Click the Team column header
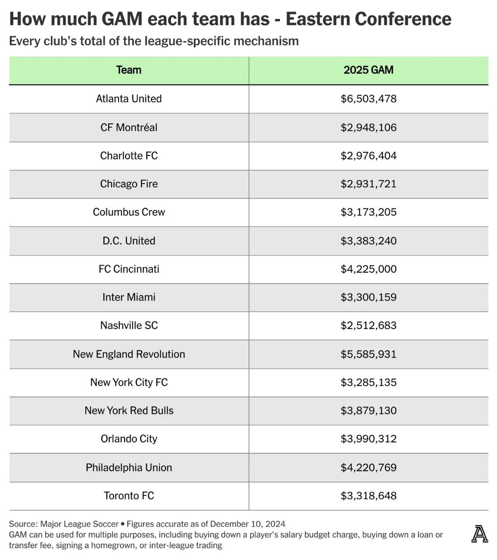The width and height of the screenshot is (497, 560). pos(129,70)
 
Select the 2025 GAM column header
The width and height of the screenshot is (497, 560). pos(368,70)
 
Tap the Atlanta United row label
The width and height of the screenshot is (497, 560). pos(129,99)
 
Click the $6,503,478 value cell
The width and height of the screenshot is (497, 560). pos(368,99)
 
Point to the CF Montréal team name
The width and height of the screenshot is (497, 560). pos(129,127)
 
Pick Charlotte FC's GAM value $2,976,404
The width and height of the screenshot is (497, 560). pos(368,156)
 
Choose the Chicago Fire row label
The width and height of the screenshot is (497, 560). pos(129,184)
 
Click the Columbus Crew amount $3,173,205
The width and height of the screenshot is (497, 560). pos(368,212)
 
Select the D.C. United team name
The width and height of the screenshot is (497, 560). pos(129,241)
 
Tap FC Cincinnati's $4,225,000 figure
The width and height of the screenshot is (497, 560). pos(368,269)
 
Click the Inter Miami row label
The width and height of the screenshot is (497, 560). pos(129,297)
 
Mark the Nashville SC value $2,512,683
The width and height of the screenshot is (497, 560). pos(368,326)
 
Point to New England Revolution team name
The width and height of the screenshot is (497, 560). pos(129,354)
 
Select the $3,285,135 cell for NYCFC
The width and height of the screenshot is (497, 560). pos(368,383)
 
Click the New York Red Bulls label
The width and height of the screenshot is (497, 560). pos(129,411)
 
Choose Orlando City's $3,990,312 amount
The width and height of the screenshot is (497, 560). pos(368,439)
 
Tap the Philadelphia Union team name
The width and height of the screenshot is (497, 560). pos(129,468)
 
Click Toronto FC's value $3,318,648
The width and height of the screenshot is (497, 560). pos(368,496)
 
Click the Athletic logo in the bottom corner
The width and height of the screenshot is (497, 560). pos(479,534)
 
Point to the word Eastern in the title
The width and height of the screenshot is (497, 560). pos(317,19)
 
